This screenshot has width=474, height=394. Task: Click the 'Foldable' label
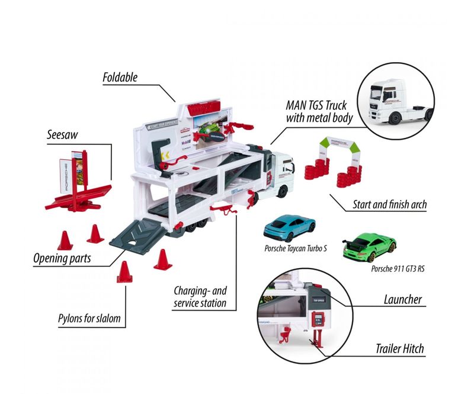(x=120, y=77)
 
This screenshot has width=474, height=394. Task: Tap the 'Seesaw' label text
(x=63, y=135)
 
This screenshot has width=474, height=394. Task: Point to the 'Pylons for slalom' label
(x=89, y=319)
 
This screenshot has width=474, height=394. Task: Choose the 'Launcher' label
(x=401, y=299)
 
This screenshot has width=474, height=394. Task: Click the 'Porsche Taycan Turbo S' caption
(x=296, y=248)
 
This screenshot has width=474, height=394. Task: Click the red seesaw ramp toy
(x=81, y=189)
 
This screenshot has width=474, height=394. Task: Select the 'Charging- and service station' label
(x=200, y=297)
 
